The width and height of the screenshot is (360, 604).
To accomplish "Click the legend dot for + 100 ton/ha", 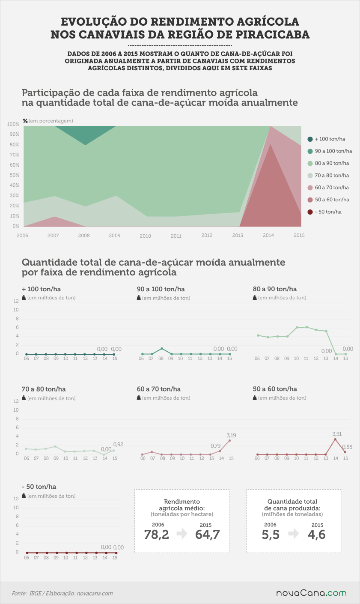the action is click(x=310, y=139).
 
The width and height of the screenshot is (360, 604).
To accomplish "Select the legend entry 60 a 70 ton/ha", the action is click(x=328, y=187).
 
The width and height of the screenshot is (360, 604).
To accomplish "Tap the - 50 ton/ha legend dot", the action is click(x=310, y=212).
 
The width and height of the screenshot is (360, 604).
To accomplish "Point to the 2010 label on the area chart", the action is click(x=145, y=236).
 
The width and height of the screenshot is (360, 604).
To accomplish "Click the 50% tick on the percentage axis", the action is click(x=15, y=175).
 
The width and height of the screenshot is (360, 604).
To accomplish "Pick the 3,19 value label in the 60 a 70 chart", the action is click(x=231, y=435).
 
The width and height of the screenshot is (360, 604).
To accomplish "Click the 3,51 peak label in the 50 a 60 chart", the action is click(x=337, y=434).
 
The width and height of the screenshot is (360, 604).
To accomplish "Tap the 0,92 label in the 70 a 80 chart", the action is click(x=118, y=444).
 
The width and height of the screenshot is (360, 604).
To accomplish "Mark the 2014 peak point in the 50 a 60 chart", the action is click(x=335, y=440).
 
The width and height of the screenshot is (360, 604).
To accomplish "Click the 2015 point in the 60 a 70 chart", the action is click(x=229, y=441).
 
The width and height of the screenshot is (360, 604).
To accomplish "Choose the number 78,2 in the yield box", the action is click(x=157, y=535).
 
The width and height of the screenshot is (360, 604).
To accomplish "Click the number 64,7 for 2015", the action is click(x=208, y=535).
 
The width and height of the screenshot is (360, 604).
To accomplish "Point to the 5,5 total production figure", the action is click(x=271, y=535).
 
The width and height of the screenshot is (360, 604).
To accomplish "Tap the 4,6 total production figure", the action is click(x=317, y=535).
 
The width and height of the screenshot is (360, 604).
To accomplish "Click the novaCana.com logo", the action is click(x=311, y=593).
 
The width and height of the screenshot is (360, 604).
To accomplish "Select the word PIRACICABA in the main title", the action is click(x=272, y=35).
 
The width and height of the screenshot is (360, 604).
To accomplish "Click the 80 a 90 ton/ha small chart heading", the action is click(x=274, y=289).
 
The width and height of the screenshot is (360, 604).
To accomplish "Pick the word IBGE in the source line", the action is click(x=35, y=593).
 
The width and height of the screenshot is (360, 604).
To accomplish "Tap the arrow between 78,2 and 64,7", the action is click(x=182, y=534).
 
